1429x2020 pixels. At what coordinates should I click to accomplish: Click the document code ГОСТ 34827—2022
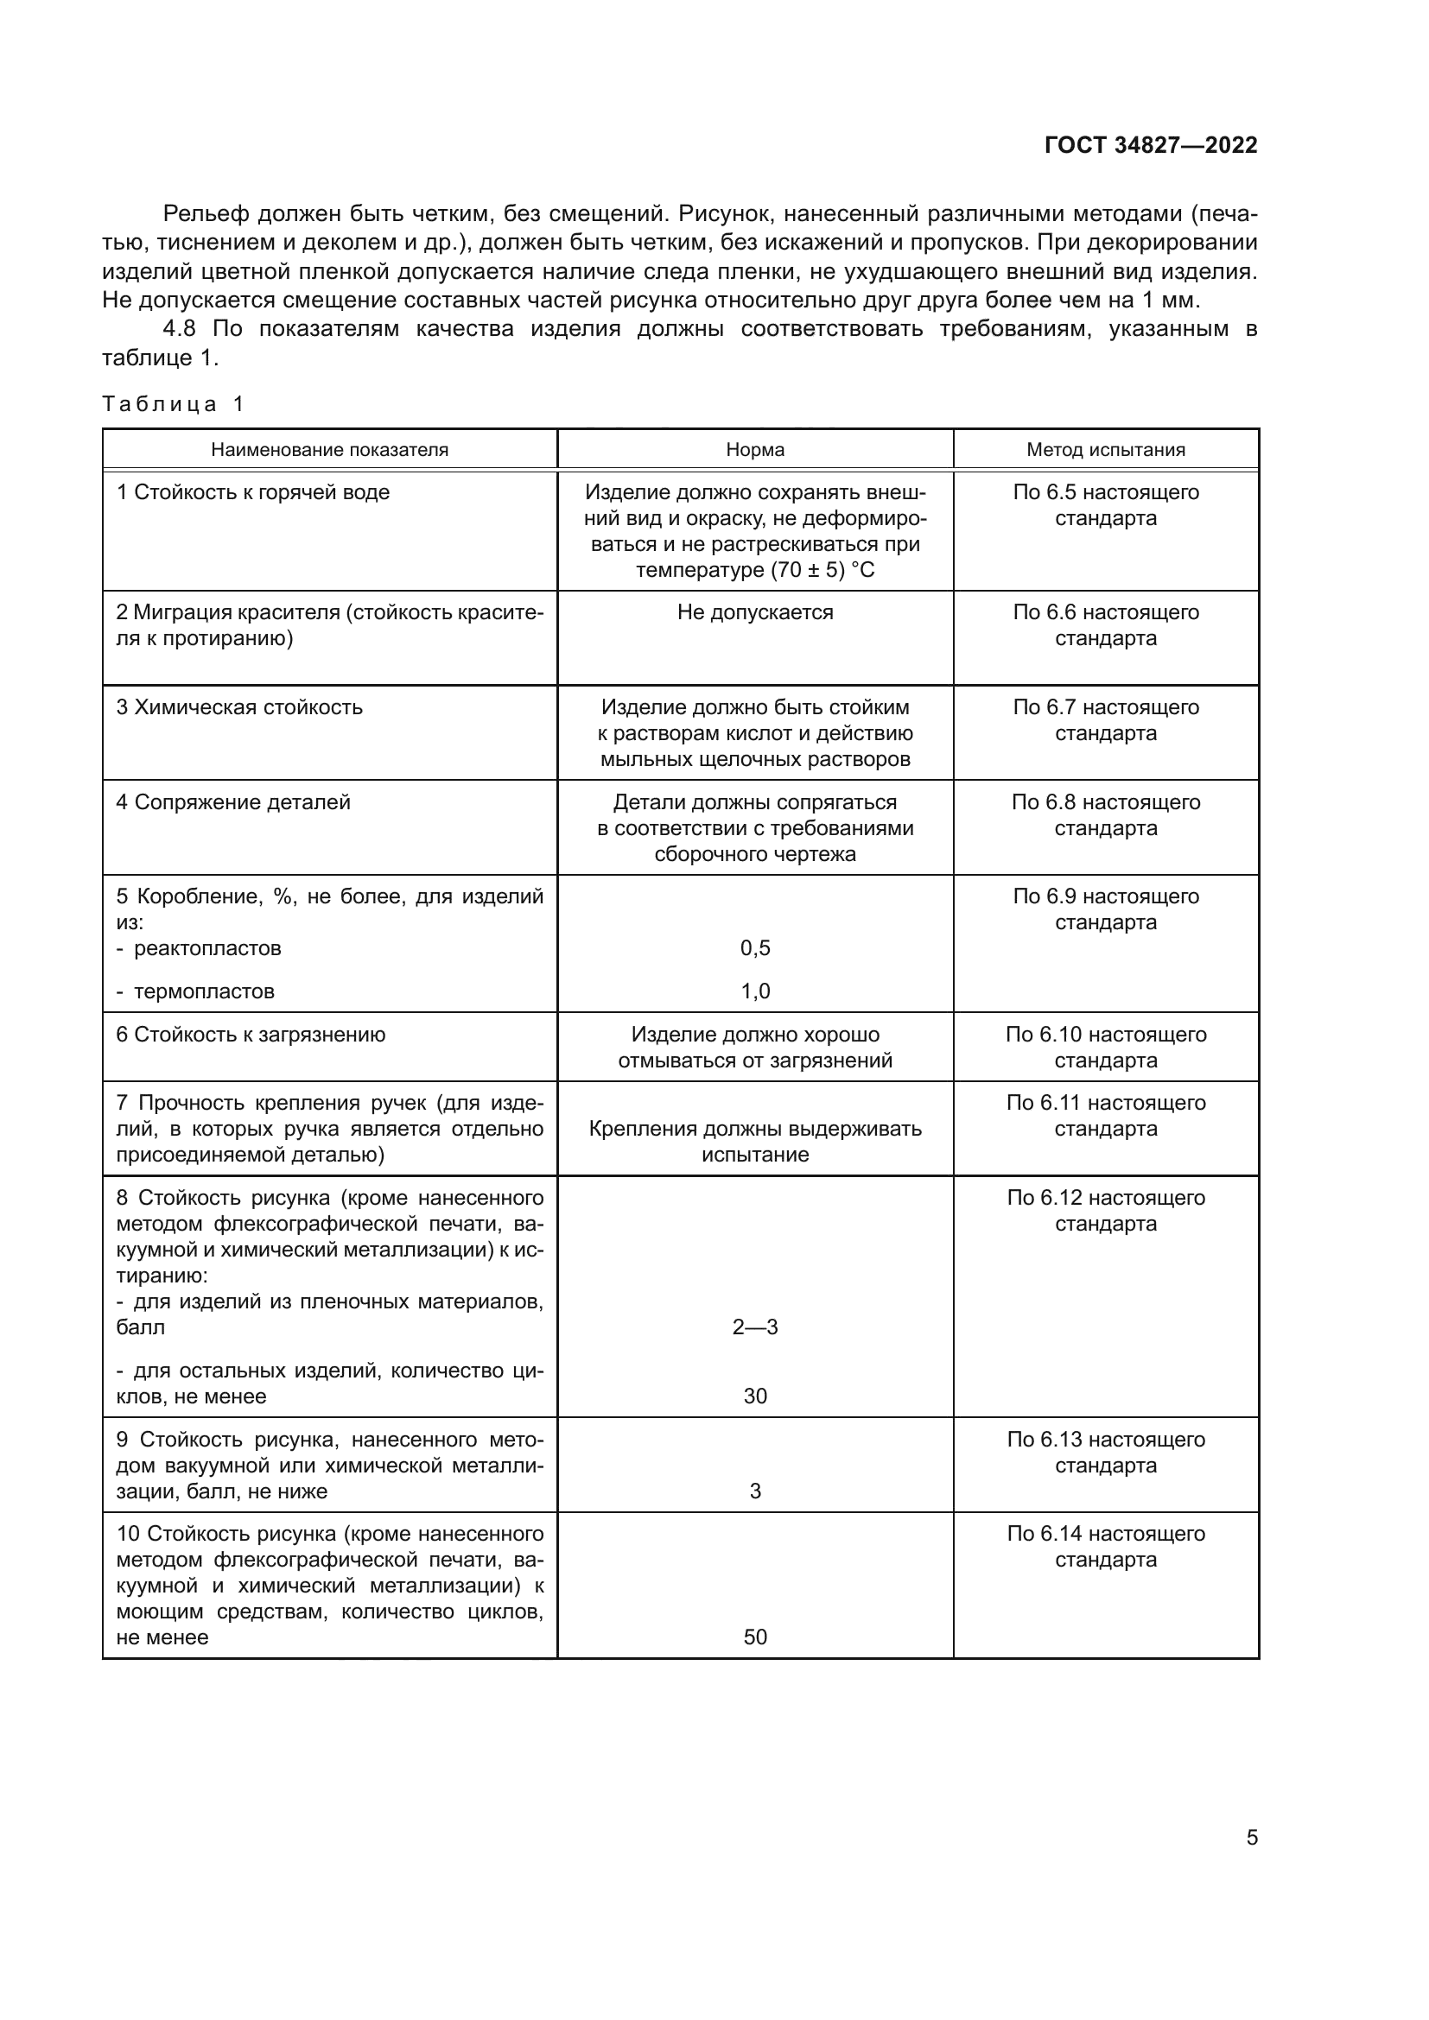click(x=1150, y=145)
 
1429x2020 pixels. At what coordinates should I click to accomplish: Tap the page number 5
click(x=1251, y=1838)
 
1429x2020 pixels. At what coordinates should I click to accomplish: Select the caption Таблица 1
click(x=173, y=404)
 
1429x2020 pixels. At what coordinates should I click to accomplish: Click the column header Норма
click(x=754, y=450)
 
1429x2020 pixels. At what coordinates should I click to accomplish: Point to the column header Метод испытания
click(x=1105, y=450)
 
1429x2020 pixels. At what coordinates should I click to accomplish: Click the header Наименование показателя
click(x=329, y=450)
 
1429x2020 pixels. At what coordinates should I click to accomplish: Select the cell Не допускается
click(x=754, y=612)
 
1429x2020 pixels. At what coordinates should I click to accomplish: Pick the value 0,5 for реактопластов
click(x=754, y=947)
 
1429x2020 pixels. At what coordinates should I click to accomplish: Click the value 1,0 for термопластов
click(x=754, y=991)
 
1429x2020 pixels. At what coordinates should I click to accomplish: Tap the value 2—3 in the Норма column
click(x=754, y=1327)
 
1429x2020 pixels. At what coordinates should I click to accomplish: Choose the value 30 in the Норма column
click(x=754, y=1396)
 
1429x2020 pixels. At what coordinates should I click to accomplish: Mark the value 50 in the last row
click(x=754, y=1637)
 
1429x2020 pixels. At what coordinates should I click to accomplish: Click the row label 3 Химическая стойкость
click(x=239, y=707)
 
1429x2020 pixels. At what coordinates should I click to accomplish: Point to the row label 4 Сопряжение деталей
click(x=233, y=802)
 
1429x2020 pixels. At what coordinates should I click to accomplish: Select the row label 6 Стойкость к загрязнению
click(x=251, y=1035)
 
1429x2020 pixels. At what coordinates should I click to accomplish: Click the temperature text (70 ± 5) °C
click(x=822, y=570)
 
